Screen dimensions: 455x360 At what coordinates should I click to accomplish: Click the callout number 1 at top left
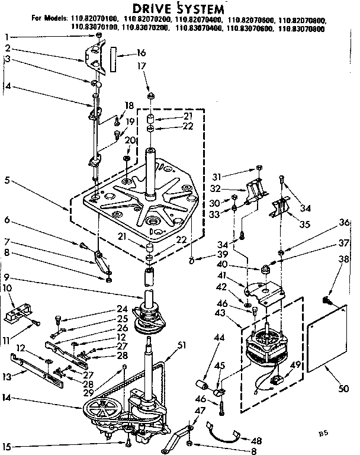tap(8, 37)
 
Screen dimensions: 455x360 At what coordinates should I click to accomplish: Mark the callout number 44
tap(202, 354)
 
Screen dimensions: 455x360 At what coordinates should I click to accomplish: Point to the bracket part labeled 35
tap(281, 209)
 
